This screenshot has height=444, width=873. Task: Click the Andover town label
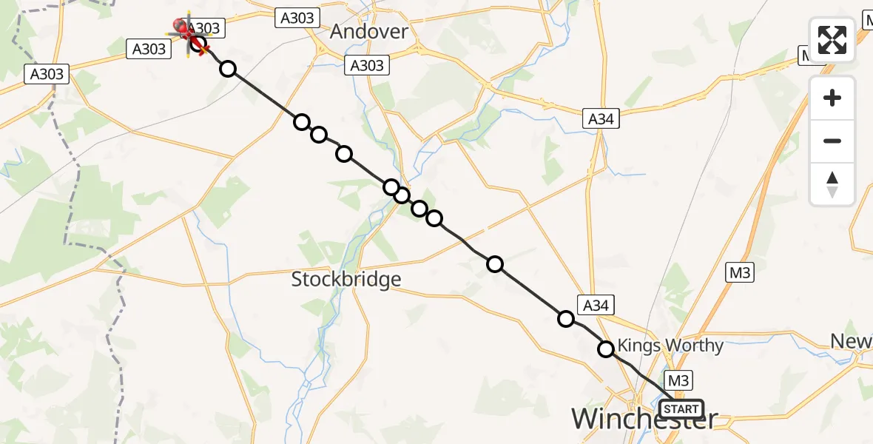(368, 31)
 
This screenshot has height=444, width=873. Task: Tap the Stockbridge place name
(346, 279)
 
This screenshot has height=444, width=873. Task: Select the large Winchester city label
(644, 420)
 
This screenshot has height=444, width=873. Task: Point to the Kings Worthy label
(670, 346)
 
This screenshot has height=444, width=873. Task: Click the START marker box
(681, 409)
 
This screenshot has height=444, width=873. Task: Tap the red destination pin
(182, 29)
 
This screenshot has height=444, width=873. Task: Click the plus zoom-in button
(832, 98)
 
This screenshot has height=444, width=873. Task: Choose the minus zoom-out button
(832, 141)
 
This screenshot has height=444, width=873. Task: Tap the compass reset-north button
(832, 184)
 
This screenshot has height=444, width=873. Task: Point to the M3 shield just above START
(680, 380)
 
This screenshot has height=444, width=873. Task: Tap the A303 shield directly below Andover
(366, 66)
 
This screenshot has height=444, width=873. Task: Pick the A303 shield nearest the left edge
(47, 74)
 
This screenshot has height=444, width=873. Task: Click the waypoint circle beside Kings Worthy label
(606, 349)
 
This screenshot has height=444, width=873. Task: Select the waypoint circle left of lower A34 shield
(566, 319)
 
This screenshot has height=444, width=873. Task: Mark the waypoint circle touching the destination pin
(198, 44)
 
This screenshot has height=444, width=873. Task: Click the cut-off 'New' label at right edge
(851, 341)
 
